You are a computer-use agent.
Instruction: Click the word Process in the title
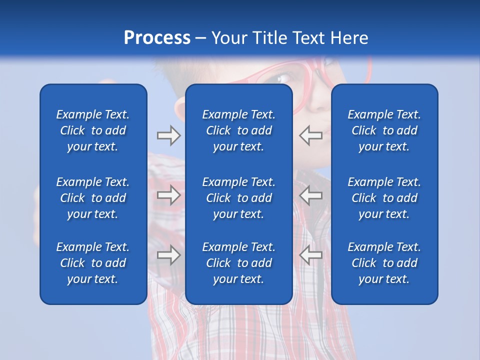(157, 38)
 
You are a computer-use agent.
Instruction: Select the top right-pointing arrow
(168, 135)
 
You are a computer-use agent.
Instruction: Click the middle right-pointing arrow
(168, 195)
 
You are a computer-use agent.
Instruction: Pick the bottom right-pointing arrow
(168, 255)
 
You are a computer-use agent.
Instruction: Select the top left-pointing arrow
(311, 135)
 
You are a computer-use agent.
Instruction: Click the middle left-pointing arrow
(311, 195)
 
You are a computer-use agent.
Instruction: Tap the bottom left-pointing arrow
(311, 255)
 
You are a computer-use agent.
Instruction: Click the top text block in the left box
(93, 130)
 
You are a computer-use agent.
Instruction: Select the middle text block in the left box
(93, 198)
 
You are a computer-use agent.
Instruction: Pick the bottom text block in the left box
(93, 263)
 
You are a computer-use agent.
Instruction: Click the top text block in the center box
(238, 130)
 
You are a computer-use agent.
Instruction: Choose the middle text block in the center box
(238, 198)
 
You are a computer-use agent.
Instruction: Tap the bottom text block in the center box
(238, 263)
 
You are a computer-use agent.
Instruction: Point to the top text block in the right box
(384, 130)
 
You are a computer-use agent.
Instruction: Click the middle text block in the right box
(384, 198)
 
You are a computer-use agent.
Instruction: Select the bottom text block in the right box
(384, 263)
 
